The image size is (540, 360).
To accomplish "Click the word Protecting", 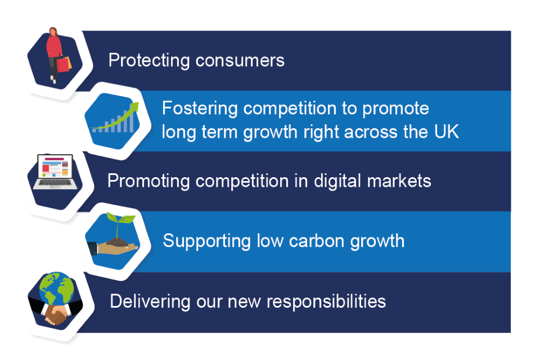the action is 148,61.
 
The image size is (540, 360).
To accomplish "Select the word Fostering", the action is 200,109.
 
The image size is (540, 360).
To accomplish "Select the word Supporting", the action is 206,241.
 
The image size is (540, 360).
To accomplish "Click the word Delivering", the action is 150,301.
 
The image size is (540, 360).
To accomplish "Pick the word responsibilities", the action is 326,301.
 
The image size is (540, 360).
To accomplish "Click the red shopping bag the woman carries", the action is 62,65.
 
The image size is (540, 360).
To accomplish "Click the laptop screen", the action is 55,166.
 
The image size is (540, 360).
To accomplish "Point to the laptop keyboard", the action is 55,183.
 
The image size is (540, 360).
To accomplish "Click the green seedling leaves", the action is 120,218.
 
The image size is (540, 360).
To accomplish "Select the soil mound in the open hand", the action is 118,242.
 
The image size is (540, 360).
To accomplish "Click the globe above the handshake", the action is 56,289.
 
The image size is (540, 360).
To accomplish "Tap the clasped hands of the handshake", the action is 56,315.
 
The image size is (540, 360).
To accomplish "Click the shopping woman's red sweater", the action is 54,47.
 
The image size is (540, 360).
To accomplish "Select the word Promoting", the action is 148,181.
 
